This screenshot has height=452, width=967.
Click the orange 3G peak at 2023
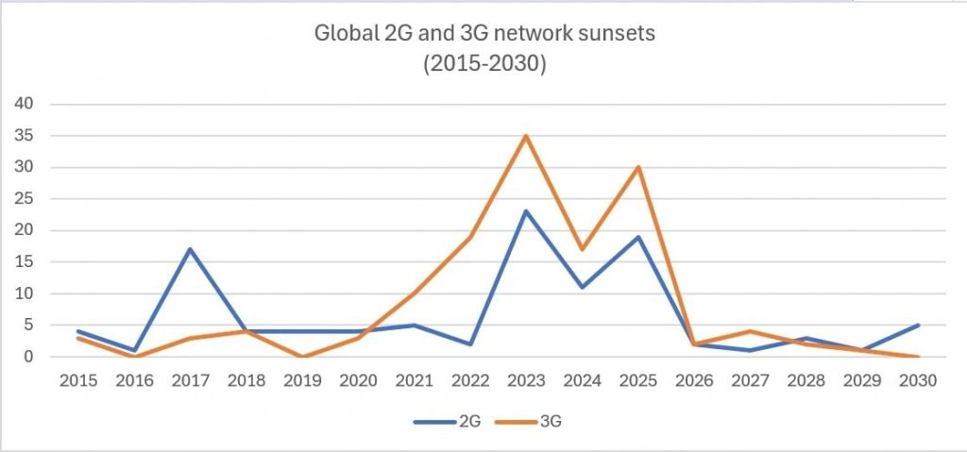pyautogui.click(x=526, y=136)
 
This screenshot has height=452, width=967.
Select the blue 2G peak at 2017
pyautogui.click(x=190, y=249)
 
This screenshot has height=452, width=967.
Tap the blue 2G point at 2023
pyautogui.click(x=526, y=211)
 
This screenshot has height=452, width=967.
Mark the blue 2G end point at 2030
pyautogui.click(x=917, y=326)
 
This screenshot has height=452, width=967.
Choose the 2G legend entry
pyautogui.click(x=450, y=421)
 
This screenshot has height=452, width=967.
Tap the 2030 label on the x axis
pyautogui.click(x=917, y=381)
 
